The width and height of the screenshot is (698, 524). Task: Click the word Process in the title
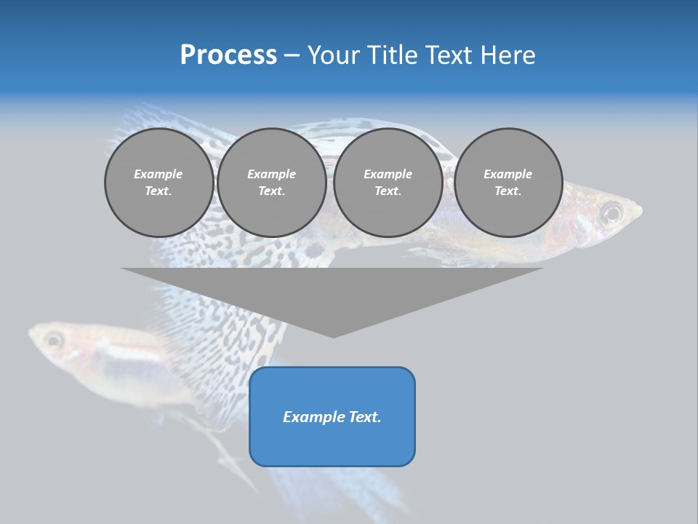228,55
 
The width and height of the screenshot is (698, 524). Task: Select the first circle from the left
159,183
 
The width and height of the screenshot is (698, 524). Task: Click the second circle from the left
271,183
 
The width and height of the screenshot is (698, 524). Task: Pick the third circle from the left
388,183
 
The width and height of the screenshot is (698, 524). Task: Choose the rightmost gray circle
508,183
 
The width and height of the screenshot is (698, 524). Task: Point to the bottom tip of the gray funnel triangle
333,337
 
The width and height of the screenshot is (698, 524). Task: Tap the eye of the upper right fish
611,213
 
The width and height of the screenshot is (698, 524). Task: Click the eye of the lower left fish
53,339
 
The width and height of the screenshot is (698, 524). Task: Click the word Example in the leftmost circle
159,174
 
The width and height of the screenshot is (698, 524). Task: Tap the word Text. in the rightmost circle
508,191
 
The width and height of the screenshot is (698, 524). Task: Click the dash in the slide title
292,55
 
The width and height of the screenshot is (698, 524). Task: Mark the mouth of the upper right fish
639,213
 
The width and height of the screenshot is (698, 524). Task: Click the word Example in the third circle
388,174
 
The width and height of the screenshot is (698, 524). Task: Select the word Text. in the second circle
271,191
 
